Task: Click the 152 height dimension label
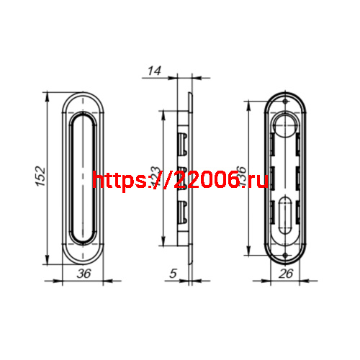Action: pyautogui.click(x=41, y=176)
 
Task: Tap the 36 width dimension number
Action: pyautogui.click(x=84, y=273)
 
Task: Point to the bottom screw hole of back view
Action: pyautogui.click(x=287, y=253)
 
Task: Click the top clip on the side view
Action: pyautogui.click(x=184, y=139)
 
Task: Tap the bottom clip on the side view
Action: pyautogui.click(x=184, y=210)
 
